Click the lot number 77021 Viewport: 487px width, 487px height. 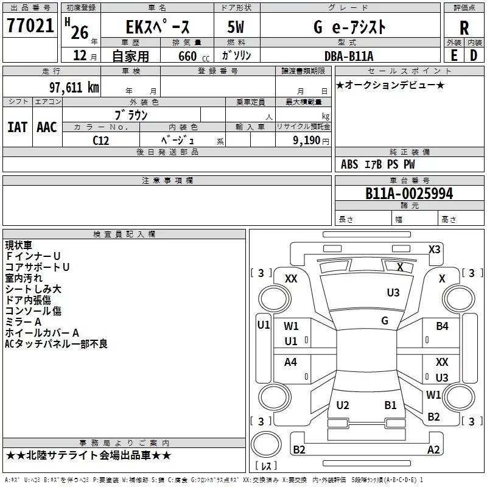coord(30,27)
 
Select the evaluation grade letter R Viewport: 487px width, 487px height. coord(464,28)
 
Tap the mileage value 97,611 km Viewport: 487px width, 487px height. coord(73,87)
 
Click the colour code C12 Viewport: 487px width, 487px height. coord(101,140)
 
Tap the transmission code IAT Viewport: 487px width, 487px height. coord(18,127)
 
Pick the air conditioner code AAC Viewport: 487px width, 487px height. coord(47,127)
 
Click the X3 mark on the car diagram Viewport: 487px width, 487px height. coord(435,249)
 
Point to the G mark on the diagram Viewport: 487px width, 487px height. coord(385,321)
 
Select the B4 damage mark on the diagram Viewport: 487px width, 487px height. coord(442,326)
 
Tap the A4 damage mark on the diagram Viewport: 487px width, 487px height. coord(291,362)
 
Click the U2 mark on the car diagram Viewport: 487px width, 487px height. coord(343,405)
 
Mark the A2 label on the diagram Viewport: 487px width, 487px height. coord(433,450)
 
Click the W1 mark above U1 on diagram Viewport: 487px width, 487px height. coord(291,326)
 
